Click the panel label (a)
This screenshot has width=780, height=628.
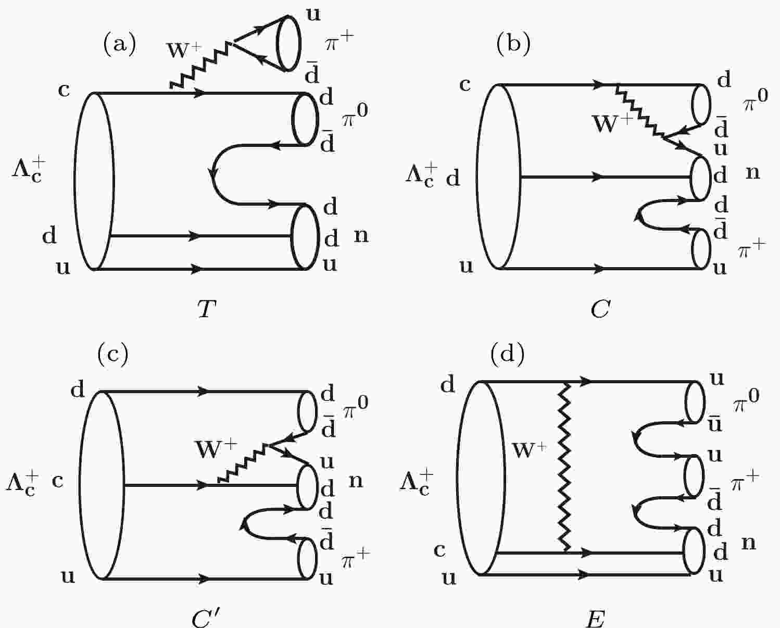tap(119, 44)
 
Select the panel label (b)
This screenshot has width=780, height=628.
tap(513, 44)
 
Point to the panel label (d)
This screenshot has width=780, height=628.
tap(507, 354)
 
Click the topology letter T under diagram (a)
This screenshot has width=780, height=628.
tap(206, 310)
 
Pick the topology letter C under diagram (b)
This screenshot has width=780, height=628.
tap(600, 310)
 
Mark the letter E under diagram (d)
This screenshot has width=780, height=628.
tap(595, 620)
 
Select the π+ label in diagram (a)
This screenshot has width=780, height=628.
tap(339, 43)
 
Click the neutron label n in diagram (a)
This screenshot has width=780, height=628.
tap(361, 235)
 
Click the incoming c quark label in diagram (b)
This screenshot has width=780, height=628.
tap(465, 84)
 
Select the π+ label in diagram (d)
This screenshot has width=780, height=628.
tap(745, 482)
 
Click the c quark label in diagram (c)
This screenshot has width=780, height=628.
tap(58, 481)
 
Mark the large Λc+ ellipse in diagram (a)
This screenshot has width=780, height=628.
tap(94, 181)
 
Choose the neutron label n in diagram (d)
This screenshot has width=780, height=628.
tap(748, 543)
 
